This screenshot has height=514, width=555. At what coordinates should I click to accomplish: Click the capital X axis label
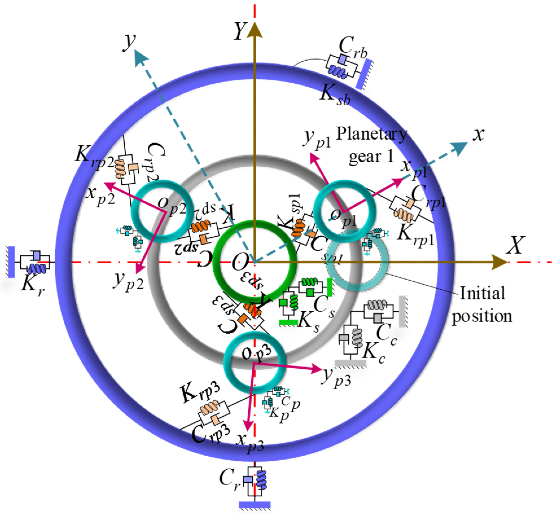point(515,245)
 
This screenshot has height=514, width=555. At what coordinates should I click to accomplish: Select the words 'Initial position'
point(482,305)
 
